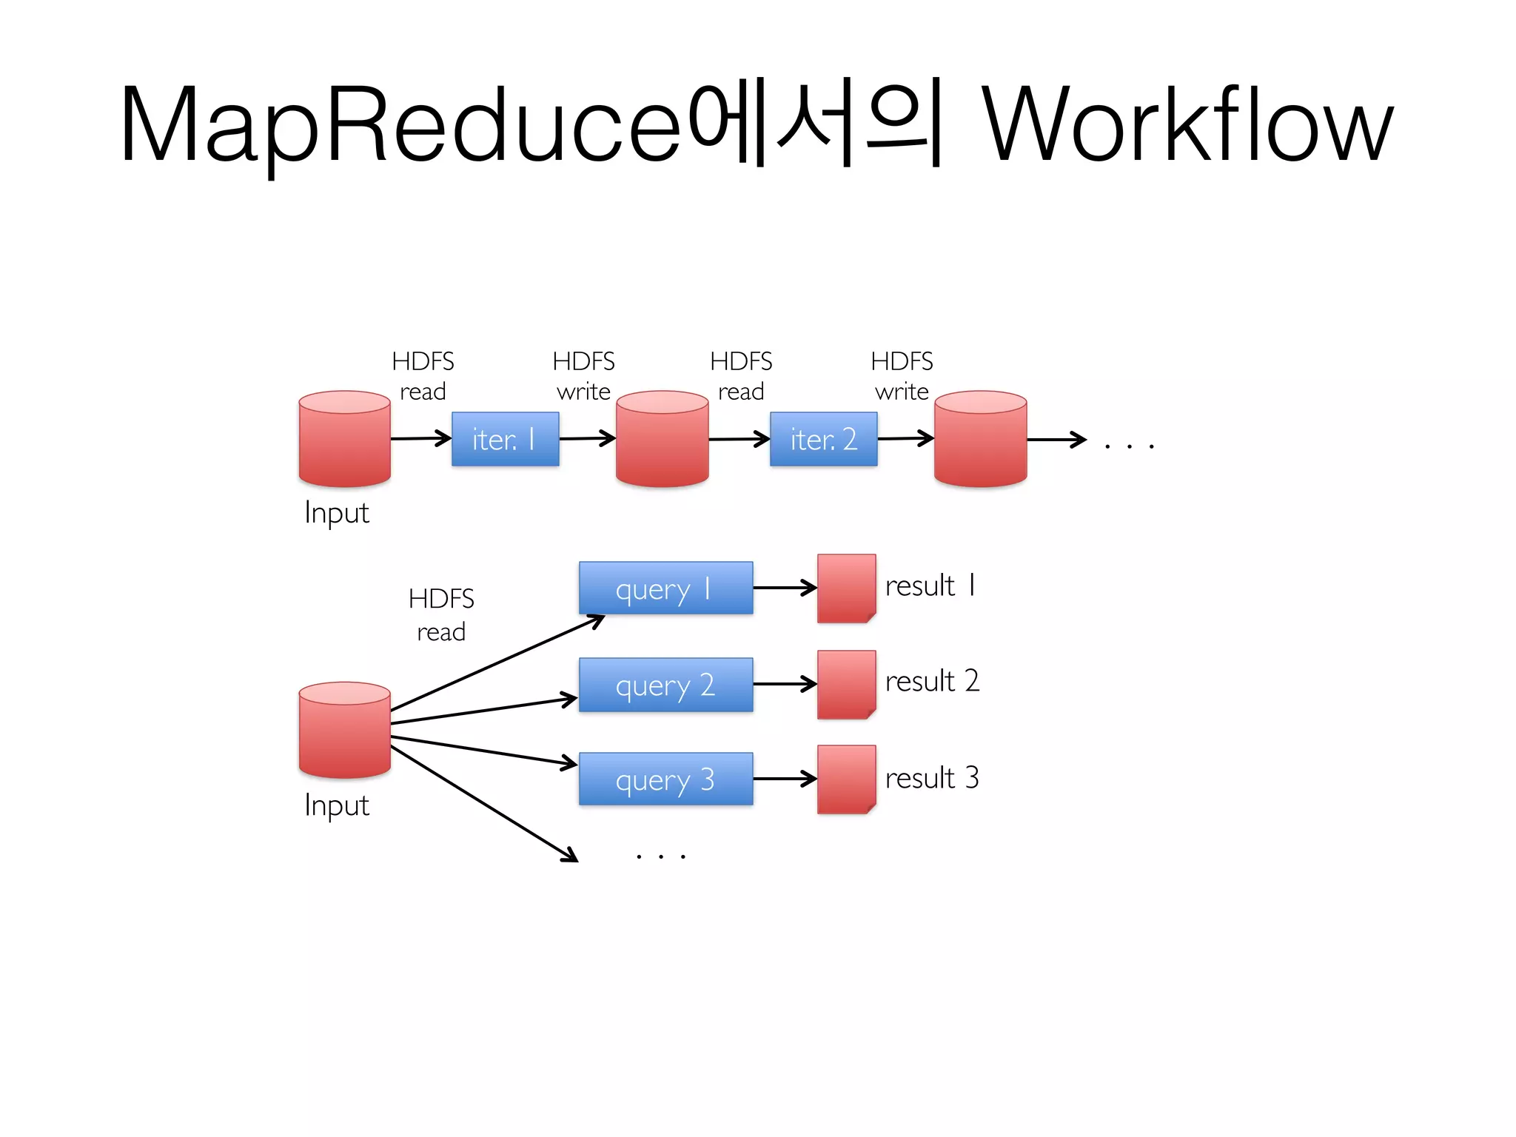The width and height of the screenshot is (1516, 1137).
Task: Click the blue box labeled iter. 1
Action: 505,439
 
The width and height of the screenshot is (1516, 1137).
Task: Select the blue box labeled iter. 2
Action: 823,439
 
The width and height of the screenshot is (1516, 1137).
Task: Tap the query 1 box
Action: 665,588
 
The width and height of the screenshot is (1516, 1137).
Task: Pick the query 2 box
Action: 665,685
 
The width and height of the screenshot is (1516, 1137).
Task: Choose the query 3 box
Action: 665,779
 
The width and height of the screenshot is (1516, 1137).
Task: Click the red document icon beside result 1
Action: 846,588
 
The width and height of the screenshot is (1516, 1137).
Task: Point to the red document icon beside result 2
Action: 846,685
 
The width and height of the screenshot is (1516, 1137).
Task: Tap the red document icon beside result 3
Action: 846,779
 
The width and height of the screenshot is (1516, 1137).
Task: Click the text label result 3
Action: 932,778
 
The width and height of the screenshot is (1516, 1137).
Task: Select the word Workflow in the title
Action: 1187,124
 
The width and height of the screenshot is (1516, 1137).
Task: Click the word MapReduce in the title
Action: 400,124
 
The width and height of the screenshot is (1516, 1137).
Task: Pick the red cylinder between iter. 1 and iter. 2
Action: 663,439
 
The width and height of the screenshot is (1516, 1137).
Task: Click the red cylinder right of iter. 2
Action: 980,439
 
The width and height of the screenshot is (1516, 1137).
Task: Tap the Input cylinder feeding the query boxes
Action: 344,730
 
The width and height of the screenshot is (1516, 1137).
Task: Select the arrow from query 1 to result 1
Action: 785,588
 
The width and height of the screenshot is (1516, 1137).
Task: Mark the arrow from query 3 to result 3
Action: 785,779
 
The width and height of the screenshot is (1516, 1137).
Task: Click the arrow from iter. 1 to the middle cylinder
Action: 587,438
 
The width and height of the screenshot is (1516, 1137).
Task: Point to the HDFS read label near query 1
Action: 441,614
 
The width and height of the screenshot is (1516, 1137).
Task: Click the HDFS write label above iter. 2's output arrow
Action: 902,376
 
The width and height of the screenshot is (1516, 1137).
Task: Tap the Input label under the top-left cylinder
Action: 337,513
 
